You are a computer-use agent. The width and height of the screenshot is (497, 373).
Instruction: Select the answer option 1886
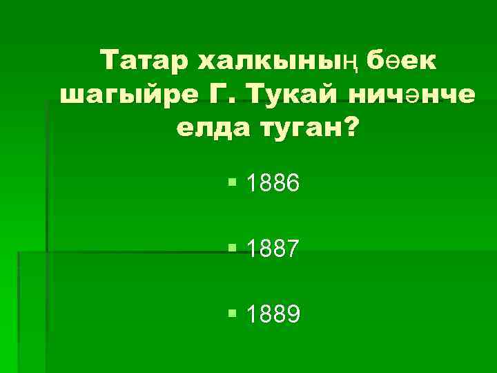point(273,184)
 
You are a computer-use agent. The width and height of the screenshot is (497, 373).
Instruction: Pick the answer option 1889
point(273,315)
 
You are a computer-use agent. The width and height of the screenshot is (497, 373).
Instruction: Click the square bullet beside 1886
point(232,182)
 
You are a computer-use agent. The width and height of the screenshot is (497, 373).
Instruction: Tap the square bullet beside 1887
point(232,248)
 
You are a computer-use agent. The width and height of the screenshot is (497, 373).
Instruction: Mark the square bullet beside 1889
point(232,314)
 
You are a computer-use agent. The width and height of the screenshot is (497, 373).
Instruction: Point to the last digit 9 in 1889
point(292,315)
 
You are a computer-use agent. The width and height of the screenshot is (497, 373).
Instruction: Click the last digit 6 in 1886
point(292,184)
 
